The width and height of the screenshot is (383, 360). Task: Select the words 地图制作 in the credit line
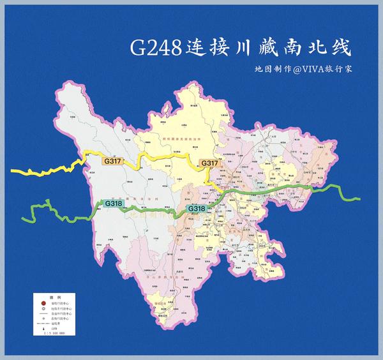click(271, 68)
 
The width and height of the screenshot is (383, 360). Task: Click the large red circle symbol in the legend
click(43, 304)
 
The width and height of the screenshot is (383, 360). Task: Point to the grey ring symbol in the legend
click(43, 310)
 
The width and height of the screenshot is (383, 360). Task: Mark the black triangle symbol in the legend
click(43, 328)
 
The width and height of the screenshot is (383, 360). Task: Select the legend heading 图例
click(55, 297)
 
